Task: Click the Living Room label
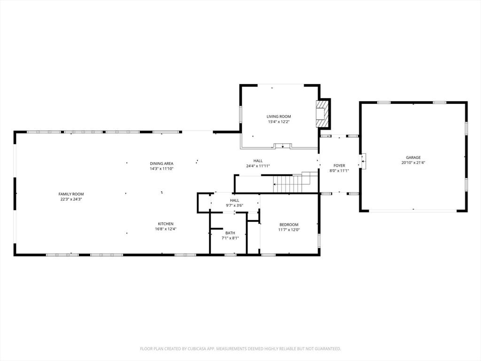pos(279,117)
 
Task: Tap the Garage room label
pos(413,157)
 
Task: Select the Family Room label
pos(71,194)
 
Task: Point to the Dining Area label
pos(162,164)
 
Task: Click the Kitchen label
pos(166,224)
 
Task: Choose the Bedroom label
pos(289,224)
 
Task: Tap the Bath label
pos(230,233)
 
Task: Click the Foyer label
pos(339,165)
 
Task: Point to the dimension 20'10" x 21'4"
pos(413,163)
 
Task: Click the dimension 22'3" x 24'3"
pos(71,199)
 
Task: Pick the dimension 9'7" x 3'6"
pos(235,206)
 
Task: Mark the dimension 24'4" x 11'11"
pos(258,166)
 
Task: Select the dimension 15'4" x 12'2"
pos(279,122)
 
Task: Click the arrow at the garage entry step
pos(363,161)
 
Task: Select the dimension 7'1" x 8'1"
pos(230,238)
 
